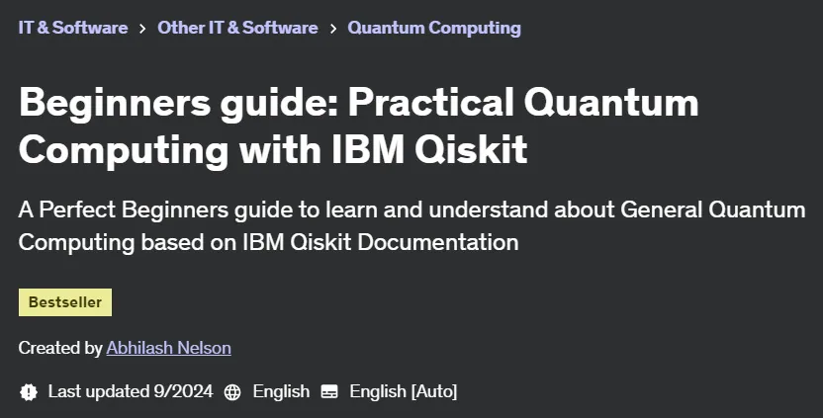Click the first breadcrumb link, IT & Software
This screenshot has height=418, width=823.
[73, 28]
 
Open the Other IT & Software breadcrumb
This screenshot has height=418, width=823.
[237, 28]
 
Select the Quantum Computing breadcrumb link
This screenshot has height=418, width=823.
[434, 28]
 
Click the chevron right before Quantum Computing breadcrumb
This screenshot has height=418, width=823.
[333, 29]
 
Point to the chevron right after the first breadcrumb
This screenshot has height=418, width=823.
[142, 29]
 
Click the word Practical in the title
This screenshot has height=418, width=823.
[431, 102]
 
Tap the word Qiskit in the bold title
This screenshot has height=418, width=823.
[471, 149]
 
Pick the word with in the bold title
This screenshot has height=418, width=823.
[280, 149]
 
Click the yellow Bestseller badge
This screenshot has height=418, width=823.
[65, 302]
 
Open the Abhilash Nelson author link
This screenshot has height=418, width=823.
[168, 348]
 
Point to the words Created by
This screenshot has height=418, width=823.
[60, 348]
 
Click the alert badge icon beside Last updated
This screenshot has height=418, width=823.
[29, 391]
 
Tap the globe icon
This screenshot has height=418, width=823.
[232, 391]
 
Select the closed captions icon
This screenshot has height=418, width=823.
[329, 391]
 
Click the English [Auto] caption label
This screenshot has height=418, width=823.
[404, 391]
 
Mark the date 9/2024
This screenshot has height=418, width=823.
[183, 391]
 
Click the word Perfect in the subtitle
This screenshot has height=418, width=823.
[77, 209]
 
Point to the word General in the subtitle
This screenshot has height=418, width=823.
[662, 209]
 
